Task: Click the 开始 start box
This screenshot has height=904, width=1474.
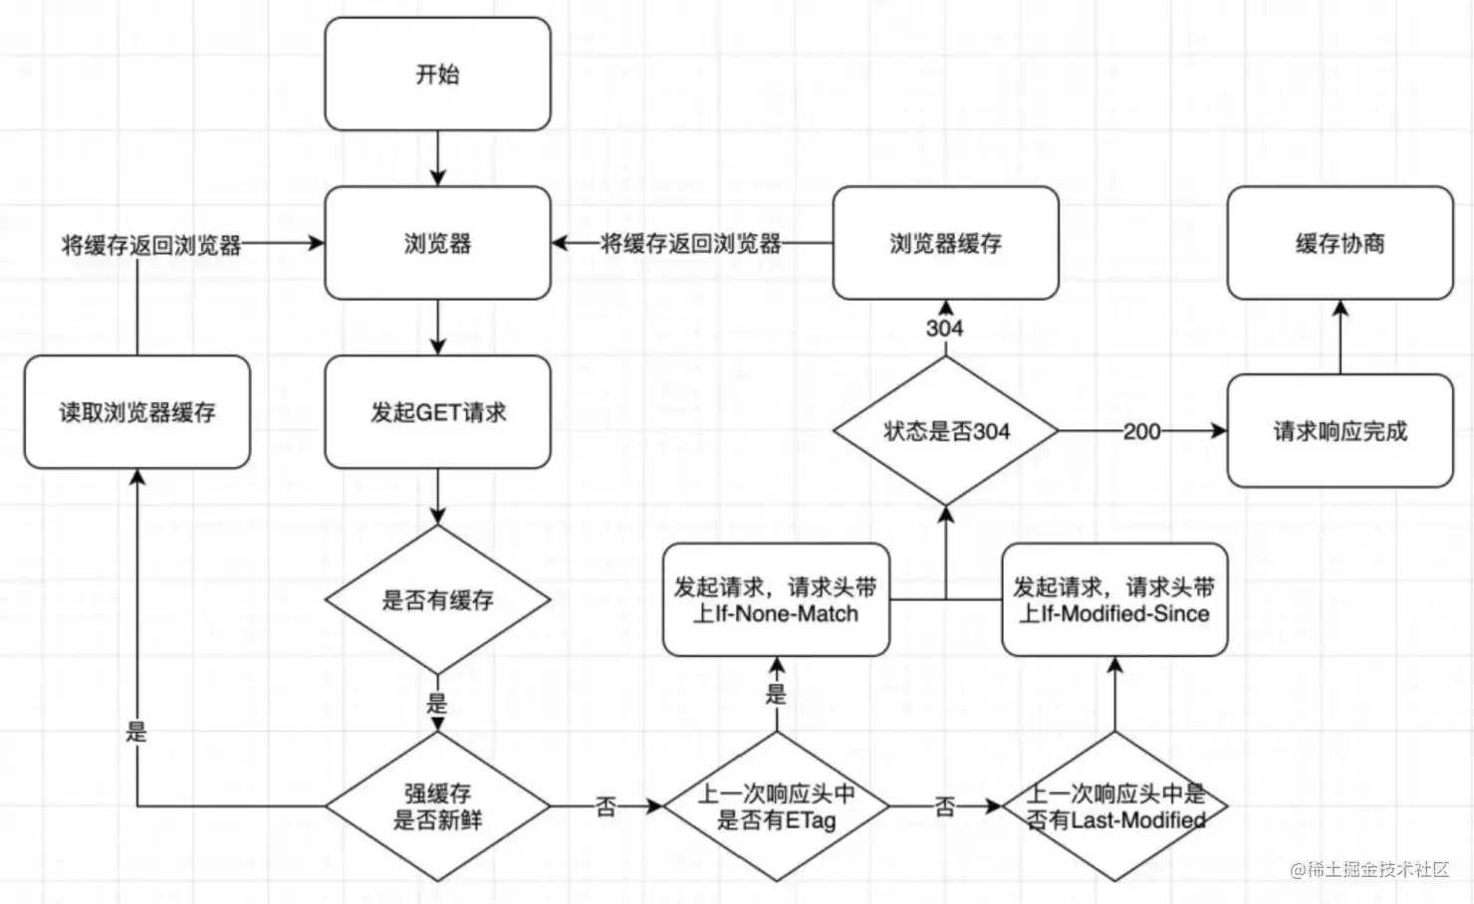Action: (x=437, y=74)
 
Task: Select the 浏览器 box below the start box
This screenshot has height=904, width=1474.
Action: (x=437, y=243)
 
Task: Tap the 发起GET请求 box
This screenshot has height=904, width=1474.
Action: (x=437, y=412)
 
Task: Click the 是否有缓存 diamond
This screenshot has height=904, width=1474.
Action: (x=437, y=600)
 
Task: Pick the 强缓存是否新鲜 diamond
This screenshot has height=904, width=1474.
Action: (x=437, y=806)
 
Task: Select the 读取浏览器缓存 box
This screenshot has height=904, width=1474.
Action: (x=136, y=412)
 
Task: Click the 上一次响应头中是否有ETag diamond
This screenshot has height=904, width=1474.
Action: (x=776, y=806)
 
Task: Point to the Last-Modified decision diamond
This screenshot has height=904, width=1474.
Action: (x=1114, y=806)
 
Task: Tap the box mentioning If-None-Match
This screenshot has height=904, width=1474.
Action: (x=776, y=600)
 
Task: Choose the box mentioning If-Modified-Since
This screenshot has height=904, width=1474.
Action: (x=1114, y=600)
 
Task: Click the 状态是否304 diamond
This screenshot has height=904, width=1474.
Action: (x=945, y=431)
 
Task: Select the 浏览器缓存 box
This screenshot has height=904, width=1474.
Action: (x=945, y=243)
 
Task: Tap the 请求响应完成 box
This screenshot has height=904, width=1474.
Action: (x=1340, y=431)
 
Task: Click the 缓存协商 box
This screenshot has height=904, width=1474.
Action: (x=1340, y=243)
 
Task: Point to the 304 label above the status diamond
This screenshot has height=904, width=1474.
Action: (x=944, y=328)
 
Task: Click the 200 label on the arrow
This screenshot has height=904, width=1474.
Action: (x=1141, y=431)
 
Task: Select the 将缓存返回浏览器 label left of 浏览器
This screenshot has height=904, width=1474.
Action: (x=151, y=245)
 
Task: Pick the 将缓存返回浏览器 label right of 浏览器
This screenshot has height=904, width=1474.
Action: (x=690, y=243)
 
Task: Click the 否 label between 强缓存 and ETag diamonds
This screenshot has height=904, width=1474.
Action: (x=607, y=806)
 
